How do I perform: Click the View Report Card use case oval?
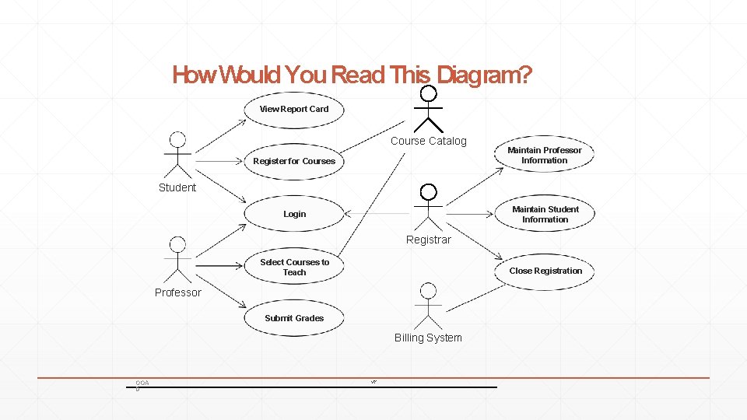click(x=294, y=109)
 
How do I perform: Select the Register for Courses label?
click(x=294, y=161)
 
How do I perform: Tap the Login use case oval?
click(x=294, y=214)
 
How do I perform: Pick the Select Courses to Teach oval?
click(x=294, y=267)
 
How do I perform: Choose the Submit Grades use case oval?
click(x=294, y=318)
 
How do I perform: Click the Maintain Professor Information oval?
click(x=544, y=155)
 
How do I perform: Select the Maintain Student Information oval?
click(x=545, y=214)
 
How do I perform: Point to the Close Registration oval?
click(x=545, y=271)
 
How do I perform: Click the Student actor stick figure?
click(x=178, y=155)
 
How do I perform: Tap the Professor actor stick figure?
click(x=178, y=260)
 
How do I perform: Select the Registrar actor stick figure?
click(x=428, y=206)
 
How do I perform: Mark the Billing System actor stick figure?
click(x=428, y=306)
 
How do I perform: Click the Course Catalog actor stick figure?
click(x=428, y=109)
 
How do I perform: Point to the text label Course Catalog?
click(x=428, y=141)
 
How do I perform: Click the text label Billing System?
click(x=428, y=338)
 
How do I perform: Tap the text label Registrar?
click(x=428, y=240)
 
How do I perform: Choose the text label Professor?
click(x=177, y=292)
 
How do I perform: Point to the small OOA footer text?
click(x=142, y=382)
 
